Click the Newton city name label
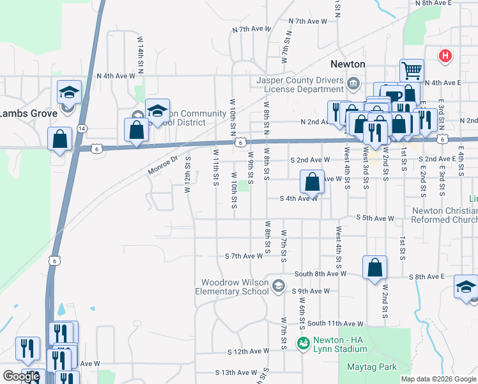(348, 64)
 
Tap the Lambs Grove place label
(28, 113)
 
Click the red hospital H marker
(445, 56)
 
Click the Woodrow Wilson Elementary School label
(235, 287)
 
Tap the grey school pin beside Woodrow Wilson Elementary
(277, 285)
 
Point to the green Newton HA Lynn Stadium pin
(303, 344)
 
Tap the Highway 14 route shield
(81, 129)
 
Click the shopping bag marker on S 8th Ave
(374, 268)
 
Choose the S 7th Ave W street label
(243, 256)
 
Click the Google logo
(21, 376)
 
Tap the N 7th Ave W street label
(253, 29)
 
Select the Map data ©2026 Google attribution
(438, 379)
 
